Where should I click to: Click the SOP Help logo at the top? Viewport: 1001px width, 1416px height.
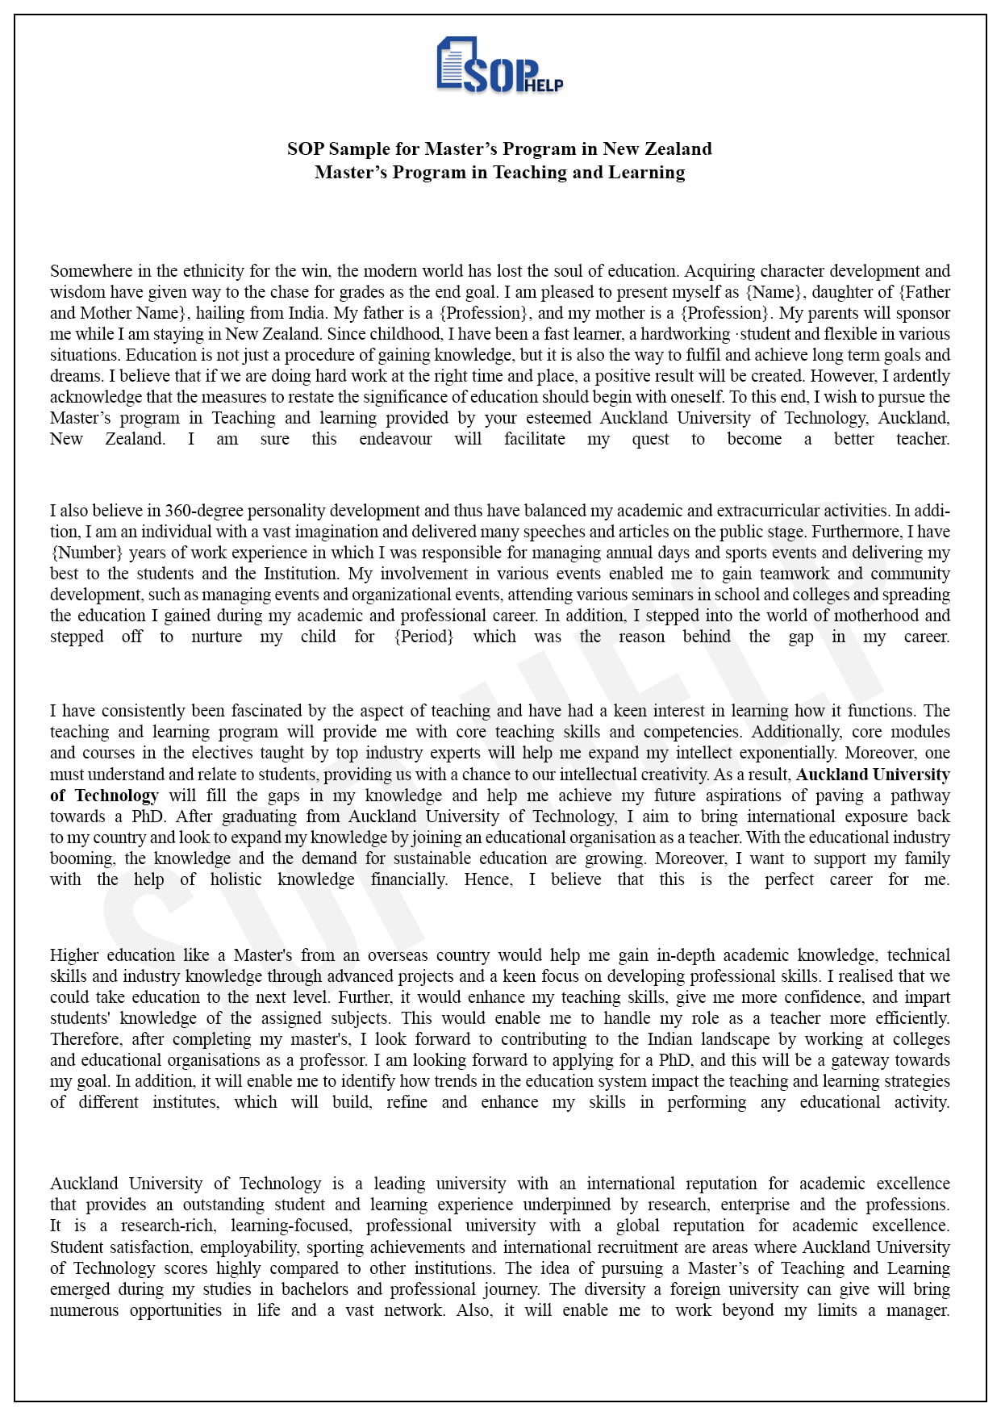[x=499, y=65]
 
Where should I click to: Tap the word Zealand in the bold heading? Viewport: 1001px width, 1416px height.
[x=679, y=149]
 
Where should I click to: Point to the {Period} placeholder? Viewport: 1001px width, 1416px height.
[x=423, y=637]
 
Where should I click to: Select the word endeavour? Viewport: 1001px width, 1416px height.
[x=395, y=439]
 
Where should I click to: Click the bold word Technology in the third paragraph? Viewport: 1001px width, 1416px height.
[x=116, y=796]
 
